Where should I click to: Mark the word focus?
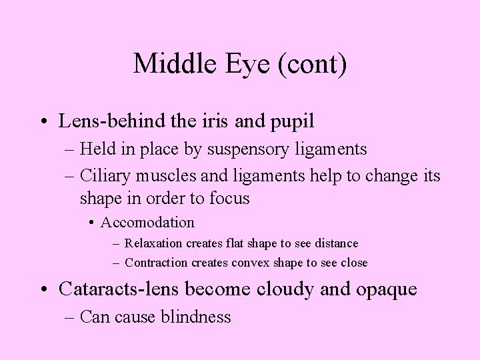pos(227,198)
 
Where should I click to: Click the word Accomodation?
pos(149,222)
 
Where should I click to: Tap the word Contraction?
pos(156,262)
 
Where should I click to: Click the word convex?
pos(252,262)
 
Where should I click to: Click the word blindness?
pos(196,317)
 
